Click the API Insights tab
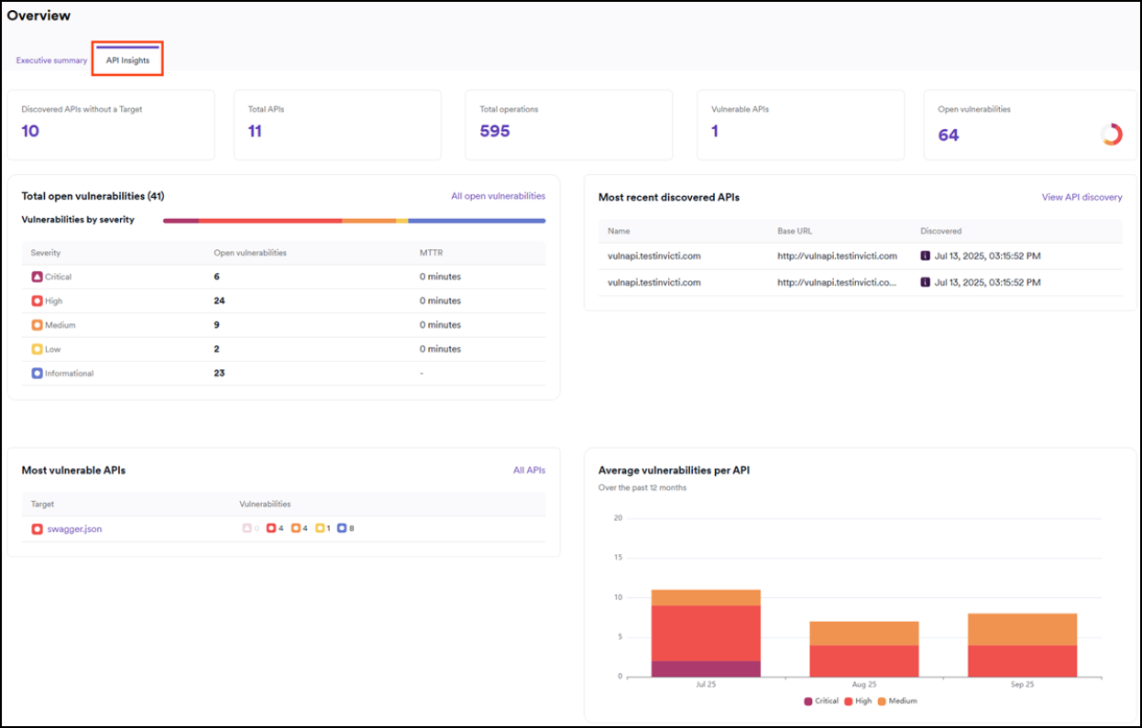127,60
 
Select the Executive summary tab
51,60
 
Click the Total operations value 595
495,131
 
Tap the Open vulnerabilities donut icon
1111,135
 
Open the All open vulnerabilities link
498,196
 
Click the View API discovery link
1082,197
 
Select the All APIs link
529,470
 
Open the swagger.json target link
74,529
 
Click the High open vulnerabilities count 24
219,300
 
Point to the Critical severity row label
58,277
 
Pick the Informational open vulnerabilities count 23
219,373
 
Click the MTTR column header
431,253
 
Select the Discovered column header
940,231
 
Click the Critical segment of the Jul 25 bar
706,668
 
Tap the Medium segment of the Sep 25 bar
1022,629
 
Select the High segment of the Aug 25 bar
863,660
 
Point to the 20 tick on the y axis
617,518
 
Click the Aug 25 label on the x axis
863,685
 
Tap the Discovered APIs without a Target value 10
30,131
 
